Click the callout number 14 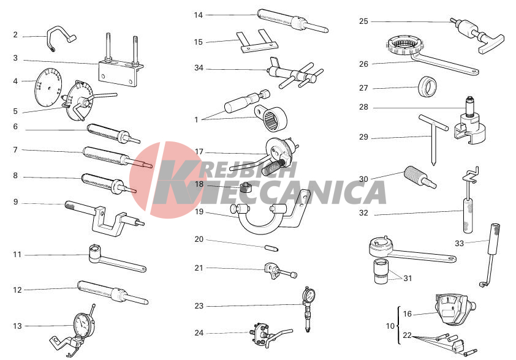point(198,15)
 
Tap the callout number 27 point(363,88)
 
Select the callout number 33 point(459,243)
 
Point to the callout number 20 point(199,239)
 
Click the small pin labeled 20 point(271,247)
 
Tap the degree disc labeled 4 point(48,87)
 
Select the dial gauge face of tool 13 point(82,325)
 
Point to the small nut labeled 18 point(245,188)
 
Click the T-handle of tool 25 point(491,44)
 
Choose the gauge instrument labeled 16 point(454,308)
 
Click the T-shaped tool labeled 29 point(433,138)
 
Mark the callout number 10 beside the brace point(390,326)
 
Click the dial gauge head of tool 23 point(309,294)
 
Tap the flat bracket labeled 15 point(259,42)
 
